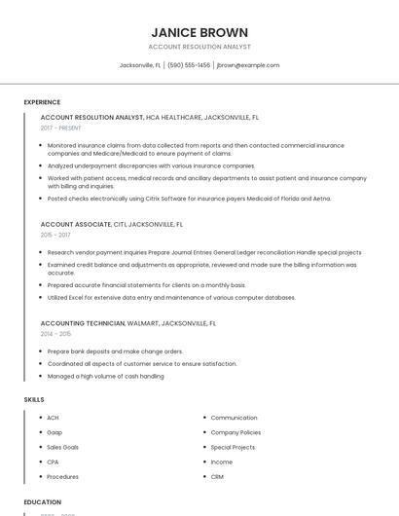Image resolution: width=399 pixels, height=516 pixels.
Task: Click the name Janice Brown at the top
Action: coord(199,32)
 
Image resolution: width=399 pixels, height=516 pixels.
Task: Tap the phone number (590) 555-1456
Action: coord(189,65)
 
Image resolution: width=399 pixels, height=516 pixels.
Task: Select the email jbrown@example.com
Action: coord(247,65)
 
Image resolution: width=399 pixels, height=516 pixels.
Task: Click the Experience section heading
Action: coord(42,102)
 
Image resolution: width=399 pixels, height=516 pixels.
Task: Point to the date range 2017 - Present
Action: coord(61,128)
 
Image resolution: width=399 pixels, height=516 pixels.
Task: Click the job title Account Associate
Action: coord(76,224)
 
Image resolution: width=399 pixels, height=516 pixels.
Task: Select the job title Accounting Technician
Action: coord(83,322)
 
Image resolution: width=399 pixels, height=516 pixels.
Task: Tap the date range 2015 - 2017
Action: coord(55,235)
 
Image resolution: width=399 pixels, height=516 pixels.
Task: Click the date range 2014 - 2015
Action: coord(55,333)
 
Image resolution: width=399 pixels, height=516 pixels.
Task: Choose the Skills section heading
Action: coord(33,399)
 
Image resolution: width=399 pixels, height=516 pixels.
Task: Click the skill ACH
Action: coord(53,418)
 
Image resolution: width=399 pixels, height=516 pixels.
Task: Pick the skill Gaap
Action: coord(54,432)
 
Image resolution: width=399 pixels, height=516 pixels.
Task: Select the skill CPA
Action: coord(53,461)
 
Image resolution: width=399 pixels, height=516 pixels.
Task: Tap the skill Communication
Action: coord(234,418)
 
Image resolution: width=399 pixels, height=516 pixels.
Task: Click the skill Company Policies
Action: coord(236,432)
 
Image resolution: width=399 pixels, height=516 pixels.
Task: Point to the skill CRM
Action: coord(217,477)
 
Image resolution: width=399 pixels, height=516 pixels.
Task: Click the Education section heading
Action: coord(42,502)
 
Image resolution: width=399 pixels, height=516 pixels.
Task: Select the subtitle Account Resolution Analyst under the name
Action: coord(199,47)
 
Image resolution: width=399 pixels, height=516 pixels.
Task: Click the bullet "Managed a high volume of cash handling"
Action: coord(105,376)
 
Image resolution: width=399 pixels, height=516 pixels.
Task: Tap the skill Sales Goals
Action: coord(62,447)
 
